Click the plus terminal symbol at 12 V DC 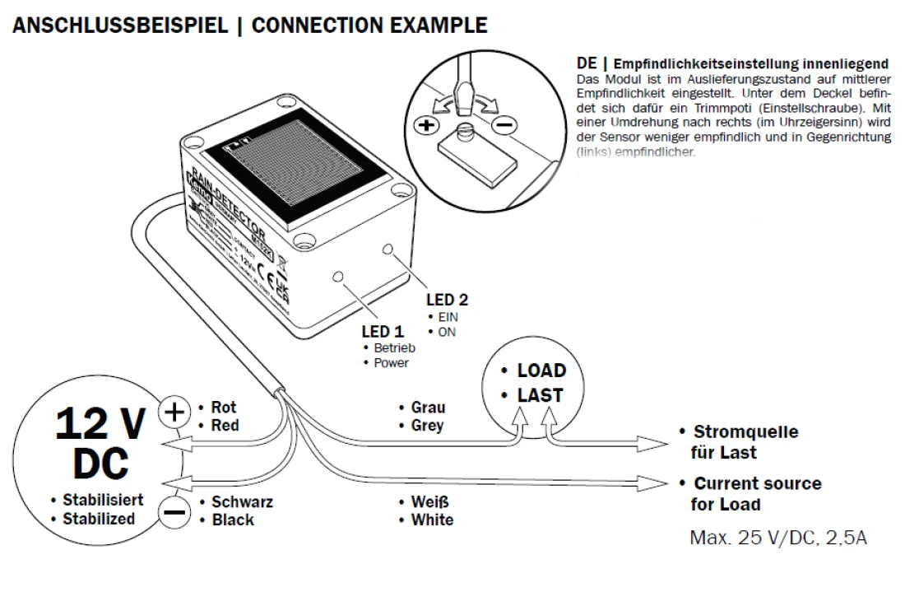[173, 410]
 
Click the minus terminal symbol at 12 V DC [174, 512]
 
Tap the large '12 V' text [100, 424]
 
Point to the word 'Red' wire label [225, 426]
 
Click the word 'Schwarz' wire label [242, 501]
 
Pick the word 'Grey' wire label [427, 426]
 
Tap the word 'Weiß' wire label [429, 501]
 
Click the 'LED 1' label [383, 332]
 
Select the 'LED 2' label [447, 300]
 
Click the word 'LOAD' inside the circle [541, 371]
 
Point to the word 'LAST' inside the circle [540, 395]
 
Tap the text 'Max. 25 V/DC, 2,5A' [777, 538]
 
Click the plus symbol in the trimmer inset [425, 126]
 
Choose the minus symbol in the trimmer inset [505, 126]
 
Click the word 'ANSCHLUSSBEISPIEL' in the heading [120, 25]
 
